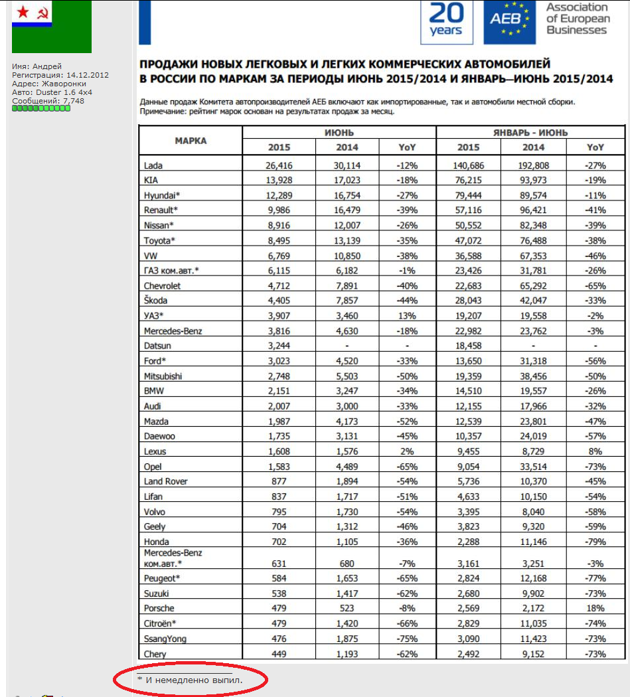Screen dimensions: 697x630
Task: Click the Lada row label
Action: (153, 165)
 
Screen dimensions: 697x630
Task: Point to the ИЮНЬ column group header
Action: (339, 133)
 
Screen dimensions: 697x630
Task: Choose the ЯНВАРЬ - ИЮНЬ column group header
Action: (530, 133)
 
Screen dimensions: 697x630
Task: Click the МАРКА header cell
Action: (191, 141)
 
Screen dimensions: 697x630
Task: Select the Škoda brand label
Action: (155, 301)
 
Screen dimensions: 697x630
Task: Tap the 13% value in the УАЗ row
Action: (407, 315)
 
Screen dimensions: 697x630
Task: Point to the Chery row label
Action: (155, 654)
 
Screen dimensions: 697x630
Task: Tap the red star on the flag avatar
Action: (23, 11)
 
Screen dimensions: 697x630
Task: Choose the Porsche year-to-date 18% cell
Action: (595, 609)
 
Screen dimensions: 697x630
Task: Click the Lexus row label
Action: (155, 451)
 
